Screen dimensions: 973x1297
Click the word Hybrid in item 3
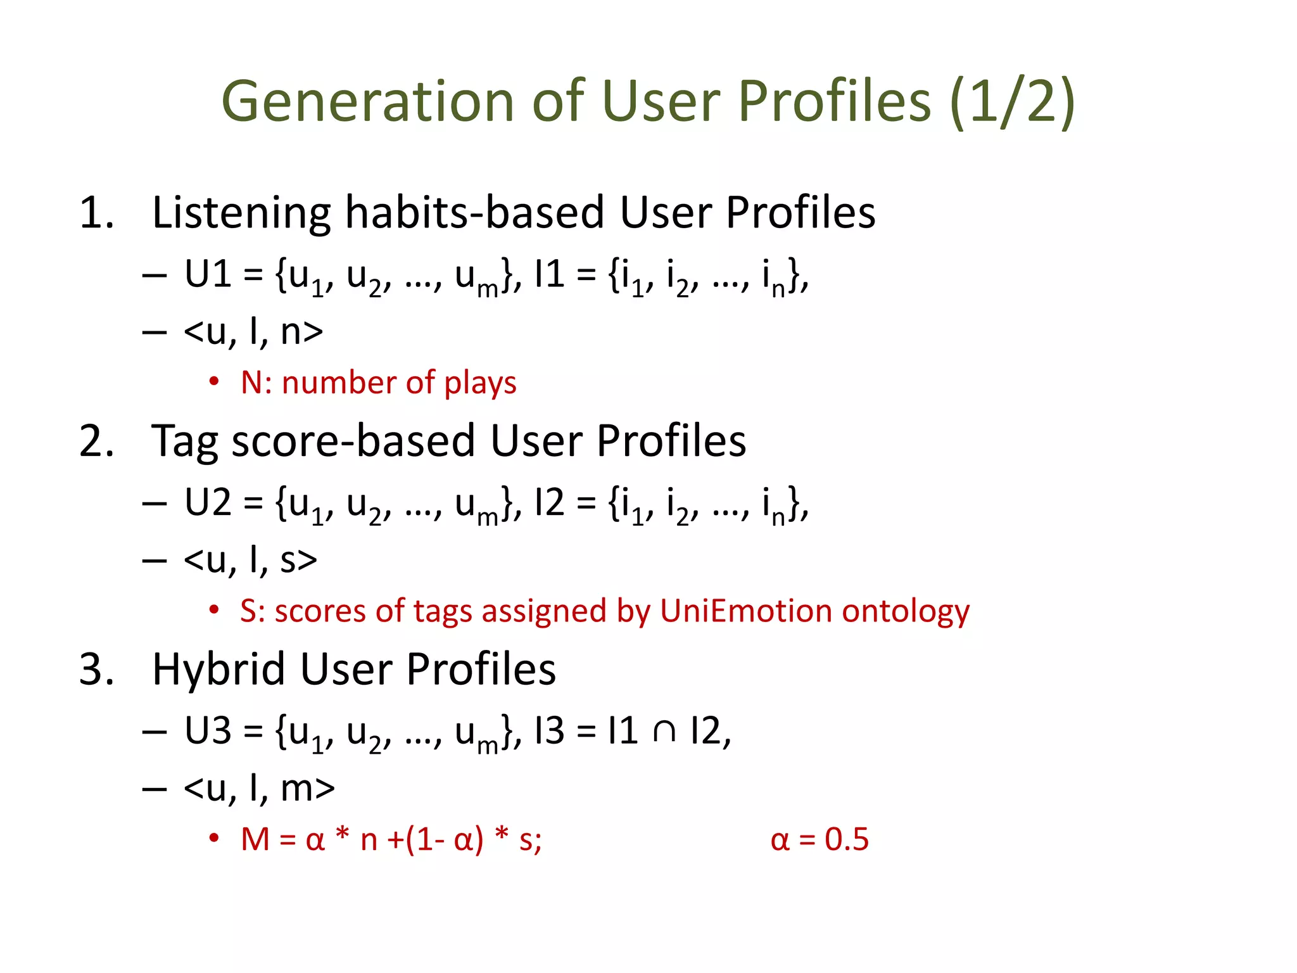tap(218, 670)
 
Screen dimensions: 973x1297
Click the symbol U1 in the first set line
tap(207, 275)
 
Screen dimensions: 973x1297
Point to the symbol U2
tap(207, 503)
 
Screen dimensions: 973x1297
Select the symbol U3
tap(207, 731)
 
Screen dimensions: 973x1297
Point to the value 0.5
tap(846, 840)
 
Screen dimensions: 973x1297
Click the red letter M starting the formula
tap(255, 840)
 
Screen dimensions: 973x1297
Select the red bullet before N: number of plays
tap(214, 382)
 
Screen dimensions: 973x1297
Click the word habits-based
tap(474, 213)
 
